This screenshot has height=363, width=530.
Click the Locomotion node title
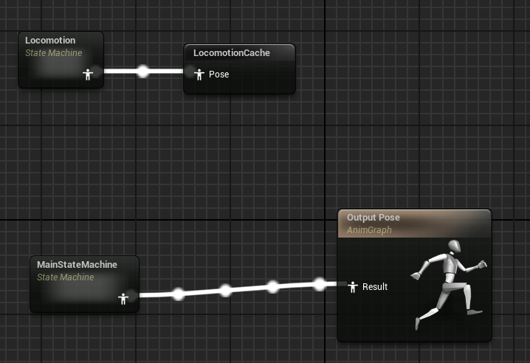50,40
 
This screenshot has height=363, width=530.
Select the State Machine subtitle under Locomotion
53,52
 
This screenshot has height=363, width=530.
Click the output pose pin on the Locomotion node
88,74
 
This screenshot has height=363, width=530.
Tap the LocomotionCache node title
231,53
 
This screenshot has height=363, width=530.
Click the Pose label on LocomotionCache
219,74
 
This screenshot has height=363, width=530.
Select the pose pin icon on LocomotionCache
199,74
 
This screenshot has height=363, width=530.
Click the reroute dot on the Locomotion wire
143,72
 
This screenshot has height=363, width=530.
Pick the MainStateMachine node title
77,264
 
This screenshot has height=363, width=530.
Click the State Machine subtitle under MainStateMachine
65,277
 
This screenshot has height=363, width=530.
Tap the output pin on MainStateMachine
123,298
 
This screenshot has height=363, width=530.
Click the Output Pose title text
374,218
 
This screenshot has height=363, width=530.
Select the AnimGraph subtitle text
368,230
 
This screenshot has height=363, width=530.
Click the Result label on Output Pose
375,286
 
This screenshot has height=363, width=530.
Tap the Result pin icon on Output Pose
353,286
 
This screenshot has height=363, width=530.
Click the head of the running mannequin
455,246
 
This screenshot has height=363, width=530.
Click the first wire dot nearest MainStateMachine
178,294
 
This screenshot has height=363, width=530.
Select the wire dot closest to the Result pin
320,283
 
